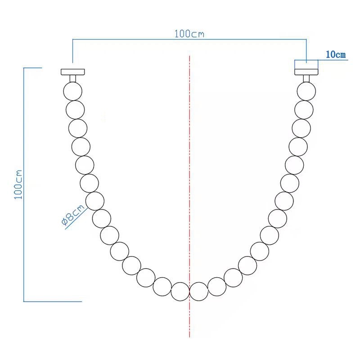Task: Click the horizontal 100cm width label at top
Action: point(189,34)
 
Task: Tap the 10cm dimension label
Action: point(335,54)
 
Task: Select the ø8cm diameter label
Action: point(72,216)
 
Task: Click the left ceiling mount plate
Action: point(72,72)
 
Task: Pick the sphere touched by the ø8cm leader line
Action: point(95,201)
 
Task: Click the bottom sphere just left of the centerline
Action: point(180,292)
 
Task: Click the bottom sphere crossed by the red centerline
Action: point(199,292)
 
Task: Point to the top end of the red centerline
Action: point(190,57)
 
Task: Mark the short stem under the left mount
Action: point(72,78)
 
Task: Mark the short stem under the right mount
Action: point(306,78)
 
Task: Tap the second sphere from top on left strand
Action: point(75,109)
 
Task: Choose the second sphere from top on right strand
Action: point(304,109)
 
